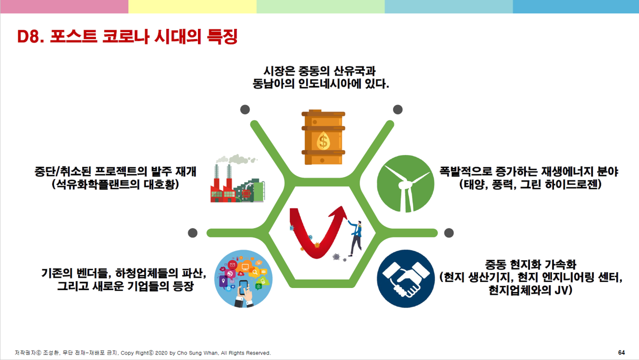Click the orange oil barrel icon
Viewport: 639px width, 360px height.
tap(323, 137)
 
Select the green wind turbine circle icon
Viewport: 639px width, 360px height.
tap(405, 183)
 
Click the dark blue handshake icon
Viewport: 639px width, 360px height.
tap(405, 278)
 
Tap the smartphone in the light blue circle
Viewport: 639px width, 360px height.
tap(243, 287)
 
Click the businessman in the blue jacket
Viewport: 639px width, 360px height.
tap(355, 238)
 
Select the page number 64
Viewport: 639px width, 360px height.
tap(621, 352)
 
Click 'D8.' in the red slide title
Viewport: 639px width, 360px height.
tap(30, 37)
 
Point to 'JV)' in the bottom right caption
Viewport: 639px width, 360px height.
tap(563, 290)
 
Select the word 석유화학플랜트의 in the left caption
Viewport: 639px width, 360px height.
tap(98, 184)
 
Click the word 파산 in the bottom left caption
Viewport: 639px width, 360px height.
tap(192, 273)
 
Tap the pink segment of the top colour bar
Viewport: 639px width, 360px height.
tap(64, 6)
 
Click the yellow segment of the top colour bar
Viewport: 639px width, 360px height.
tap(192, 6)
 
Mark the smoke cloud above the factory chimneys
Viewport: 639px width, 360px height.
tap(236, 159)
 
